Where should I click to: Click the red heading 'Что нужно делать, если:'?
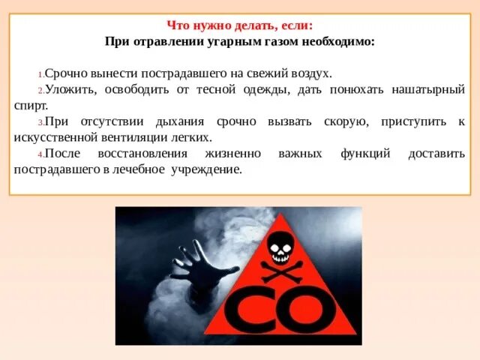[x=240, y=25]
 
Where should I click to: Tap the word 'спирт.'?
[x=31, y=106]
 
